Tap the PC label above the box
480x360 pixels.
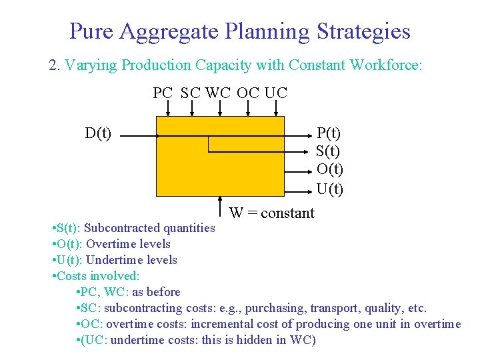point(163,93)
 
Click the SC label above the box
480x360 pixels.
point(191,93)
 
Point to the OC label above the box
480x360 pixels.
point(248,93)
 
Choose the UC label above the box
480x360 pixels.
point(276,93)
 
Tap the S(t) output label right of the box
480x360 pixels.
point(329,151)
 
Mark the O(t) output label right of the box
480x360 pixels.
point(329,170)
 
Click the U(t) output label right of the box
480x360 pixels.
point(329,189)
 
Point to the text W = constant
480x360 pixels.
point(271,213)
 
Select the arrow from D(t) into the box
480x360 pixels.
point(140,136)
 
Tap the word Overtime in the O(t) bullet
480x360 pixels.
point(106,244)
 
